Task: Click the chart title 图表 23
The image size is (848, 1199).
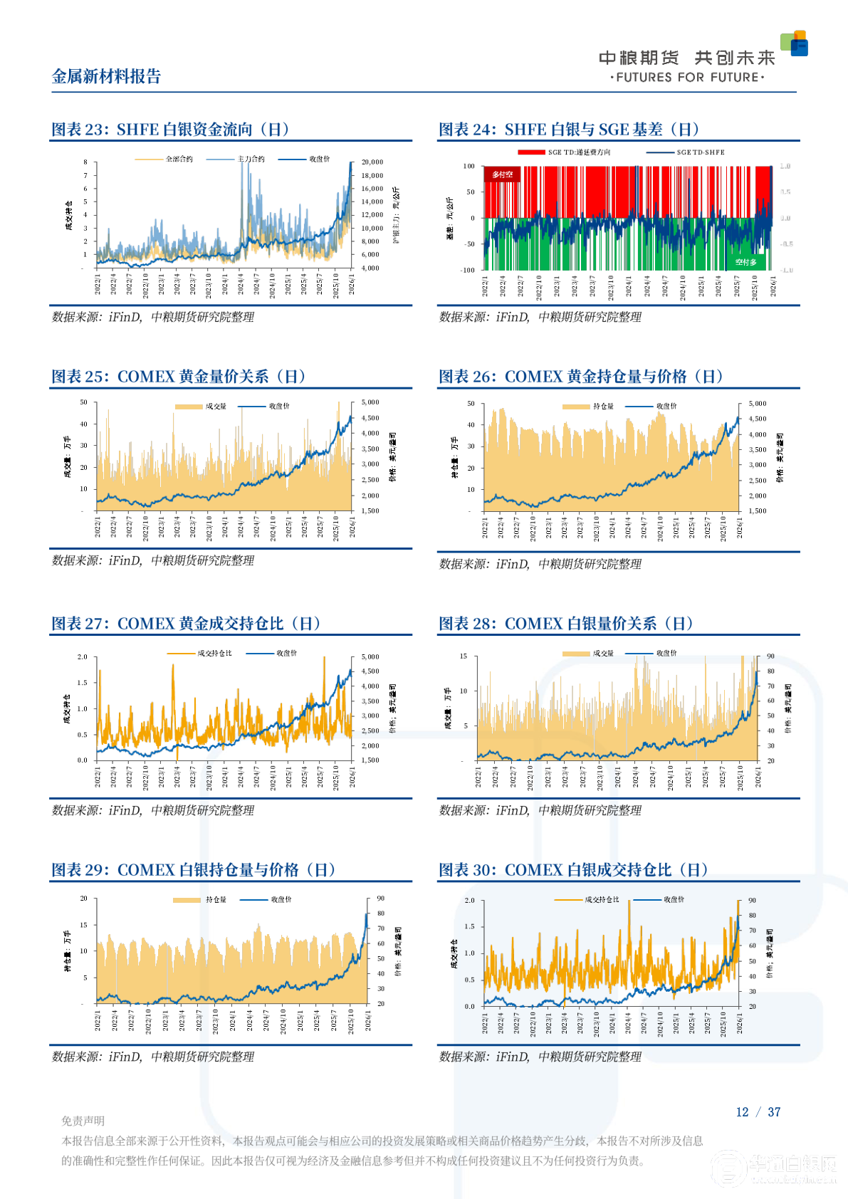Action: (x=170, y=130)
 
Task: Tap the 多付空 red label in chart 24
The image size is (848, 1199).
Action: (x=502, y=174)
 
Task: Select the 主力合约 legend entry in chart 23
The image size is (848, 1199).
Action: (x=251, y=159)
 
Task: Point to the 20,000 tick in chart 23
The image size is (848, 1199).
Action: (x=372, y=162)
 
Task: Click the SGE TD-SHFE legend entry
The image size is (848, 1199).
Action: (x=701, y=152)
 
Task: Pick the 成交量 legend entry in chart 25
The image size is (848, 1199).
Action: (x=216, y=407)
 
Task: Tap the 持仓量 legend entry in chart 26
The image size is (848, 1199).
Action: (x=603, y=407)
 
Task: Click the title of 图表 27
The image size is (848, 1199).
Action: (x=185, y=624)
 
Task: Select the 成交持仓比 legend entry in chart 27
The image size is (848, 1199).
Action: (x=214, y=653)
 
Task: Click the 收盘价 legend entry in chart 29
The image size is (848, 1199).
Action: (x=281, y=900)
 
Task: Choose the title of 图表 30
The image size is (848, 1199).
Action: (x=573, y=870)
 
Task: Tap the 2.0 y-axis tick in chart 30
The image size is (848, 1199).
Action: (x=469, y=901)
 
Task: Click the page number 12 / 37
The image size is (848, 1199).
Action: (x=758, y=1112)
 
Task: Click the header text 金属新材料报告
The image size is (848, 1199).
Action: (x=107, y=77)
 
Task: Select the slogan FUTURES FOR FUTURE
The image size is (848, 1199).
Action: (x=688, y=78)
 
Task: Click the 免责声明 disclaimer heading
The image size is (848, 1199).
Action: (x=83, y=1121)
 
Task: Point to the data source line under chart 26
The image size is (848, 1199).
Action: (x=540, y=564)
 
